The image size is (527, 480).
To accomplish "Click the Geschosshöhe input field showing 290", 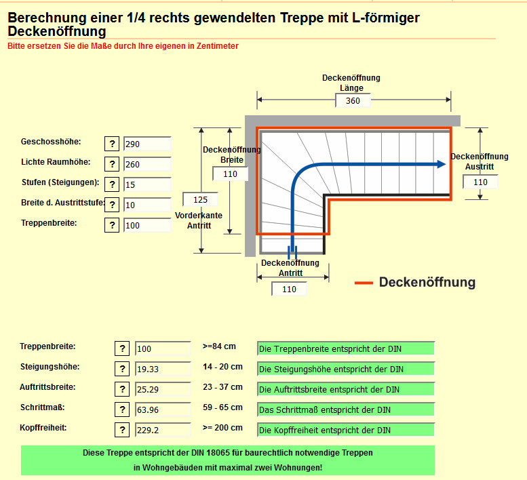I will pos(147,144).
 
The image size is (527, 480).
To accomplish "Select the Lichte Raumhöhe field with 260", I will pos(147,164).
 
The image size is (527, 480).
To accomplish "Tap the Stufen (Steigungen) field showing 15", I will pos(147,184).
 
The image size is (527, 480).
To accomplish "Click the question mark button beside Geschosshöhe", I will pos(112,144).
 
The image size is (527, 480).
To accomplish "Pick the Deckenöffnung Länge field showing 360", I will pos(353,101).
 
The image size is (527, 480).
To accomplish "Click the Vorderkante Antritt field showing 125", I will pos(200,199).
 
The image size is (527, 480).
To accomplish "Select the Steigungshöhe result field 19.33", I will pos(163,369).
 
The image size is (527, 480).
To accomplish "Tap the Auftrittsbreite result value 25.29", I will pos(163,389).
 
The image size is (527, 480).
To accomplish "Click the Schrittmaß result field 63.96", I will pos(163,409).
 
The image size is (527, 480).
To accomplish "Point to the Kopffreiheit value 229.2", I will pos(163,430).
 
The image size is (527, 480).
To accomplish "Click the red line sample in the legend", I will pos(364,283).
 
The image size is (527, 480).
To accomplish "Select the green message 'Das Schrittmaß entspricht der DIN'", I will pos(346,409).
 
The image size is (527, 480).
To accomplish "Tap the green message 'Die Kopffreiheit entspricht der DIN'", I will pos(346,430).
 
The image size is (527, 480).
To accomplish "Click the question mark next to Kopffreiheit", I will pos(121,430).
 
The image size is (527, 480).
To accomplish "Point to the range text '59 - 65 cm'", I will pos(222,407).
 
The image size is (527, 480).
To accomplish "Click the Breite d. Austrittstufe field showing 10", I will pos(147,205).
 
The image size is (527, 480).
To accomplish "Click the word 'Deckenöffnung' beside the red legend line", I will pos(427,282).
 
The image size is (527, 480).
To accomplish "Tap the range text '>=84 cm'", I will pos(219,346).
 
